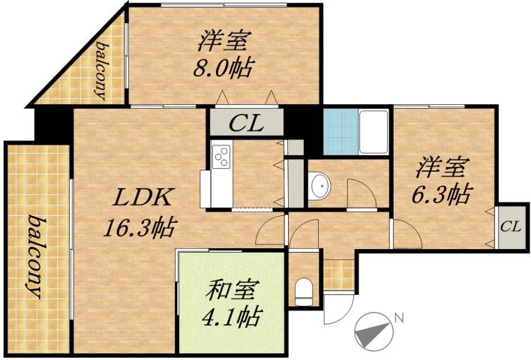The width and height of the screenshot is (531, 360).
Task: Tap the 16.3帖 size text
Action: [x=144, y=225]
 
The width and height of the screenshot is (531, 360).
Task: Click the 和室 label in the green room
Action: [x=232, y=289]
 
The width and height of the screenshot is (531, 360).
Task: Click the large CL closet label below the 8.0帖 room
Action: [x=246, y=123]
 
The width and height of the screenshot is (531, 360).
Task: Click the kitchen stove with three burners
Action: [x=222, y=157]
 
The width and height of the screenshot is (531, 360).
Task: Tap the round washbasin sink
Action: [x=319, y=185]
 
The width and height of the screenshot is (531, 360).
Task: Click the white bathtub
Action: [x=373, y=132]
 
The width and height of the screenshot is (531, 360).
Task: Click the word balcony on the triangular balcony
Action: [x=100, y=70]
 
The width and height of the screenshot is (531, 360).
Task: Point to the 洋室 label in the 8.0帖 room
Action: [x=224, y=39]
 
